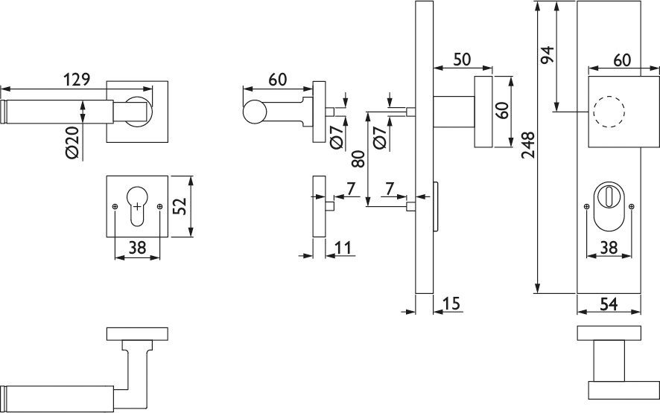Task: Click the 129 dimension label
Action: (77, 79)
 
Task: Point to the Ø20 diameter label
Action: (73, 143)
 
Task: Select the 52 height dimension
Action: (180, 206)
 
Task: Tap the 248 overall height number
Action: (528, 144)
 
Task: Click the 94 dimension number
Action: (548, 54)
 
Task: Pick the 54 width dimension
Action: (608, 304)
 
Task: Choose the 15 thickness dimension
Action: (451, 303)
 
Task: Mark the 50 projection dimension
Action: (462, 60)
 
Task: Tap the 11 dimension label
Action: (343, 248)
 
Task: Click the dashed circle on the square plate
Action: (609, 112)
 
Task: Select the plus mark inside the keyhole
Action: (137, 206)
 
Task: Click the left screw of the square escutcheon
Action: (115, 207)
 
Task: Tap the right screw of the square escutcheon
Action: (159, 207)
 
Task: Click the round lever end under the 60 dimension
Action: (255, 112)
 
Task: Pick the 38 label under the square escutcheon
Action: (137, 248)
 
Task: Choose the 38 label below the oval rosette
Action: (609, 248)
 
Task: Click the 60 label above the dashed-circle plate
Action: (622, 60)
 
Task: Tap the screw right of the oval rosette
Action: (630, 207)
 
